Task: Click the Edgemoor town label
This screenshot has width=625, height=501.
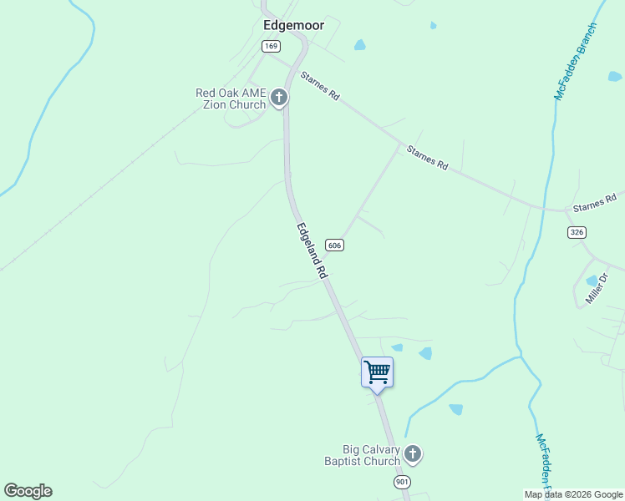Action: click(x=293, y=26)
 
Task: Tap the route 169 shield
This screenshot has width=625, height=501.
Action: click(x=271, y=47)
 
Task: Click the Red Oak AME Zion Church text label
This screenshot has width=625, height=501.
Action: click(x=230, y=99)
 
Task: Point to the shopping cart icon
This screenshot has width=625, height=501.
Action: click(x=377, y=372)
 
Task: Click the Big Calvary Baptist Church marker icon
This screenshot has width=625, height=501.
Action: click(x=412, y=454)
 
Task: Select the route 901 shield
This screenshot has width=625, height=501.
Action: click(x=403, y=483)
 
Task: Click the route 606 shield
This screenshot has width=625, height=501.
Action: click(x=334, y=245)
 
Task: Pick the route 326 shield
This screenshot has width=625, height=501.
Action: click(x=577, y=231)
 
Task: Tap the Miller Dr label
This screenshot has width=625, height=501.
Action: click(x=600, y=288)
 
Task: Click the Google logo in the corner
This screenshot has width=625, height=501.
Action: click(x=28, y=491)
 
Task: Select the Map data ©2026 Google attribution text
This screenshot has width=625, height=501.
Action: click(x=573, y=494)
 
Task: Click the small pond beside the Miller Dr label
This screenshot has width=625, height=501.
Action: click(x=592, y=280)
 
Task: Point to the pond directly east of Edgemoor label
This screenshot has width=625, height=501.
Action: click(x=359, y=44)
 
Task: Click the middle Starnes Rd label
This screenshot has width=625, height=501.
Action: click(x=427, y=157)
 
